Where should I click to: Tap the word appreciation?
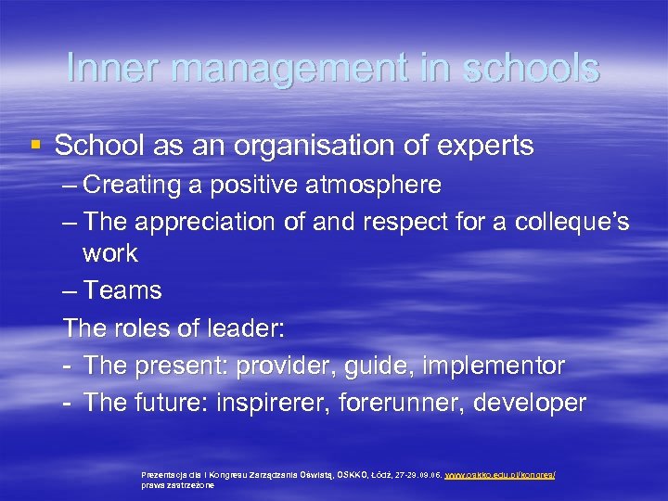(x=213, y=222)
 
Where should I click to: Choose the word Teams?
(x=122, y=290)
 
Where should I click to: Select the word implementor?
(x=493, y=366)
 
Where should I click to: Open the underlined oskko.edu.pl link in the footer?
(x=500, y=474)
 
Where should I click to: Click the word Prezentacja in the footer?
(x=162, y=474)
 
